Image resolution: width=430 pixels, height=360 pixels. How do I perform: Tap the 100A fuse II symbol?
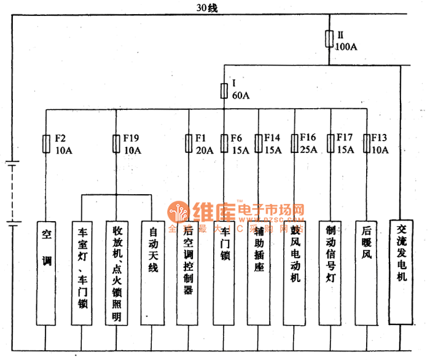(x=330, y=39)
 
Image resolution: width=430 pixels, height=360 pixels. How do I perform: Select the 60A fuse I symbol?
(x=224, y=91)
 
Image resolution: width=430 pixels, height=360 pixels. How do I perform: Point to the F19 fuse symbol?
(x=116, y=144)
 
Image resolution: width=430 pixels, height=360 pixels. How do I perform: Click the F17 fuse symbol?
(x=331, y=144)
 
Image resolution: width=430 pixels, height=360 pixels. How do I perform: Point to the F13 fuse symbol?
(x=367, y=144)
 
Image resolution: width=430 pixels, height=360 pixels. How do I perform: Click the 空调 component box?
(x=47, y=273)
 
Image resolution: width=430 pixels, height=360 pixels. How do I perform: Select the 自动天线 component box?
(x=152, y=273)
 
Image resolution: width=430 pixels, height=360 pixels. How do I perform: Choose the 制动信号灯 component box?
(x=330, y=273)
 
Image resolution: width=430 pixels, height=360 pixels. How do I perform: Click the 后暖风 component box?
(x=367, y=273)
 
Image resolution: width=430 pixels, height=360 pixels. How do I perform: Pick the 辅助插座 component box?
(x=259, y=273)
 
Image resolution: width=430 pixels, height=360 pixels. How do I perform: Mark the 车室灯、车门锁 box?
(x=82, y=273)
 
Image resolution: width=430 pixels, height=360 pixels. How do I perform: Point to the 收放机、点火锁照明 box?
(x=117, y=273)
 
